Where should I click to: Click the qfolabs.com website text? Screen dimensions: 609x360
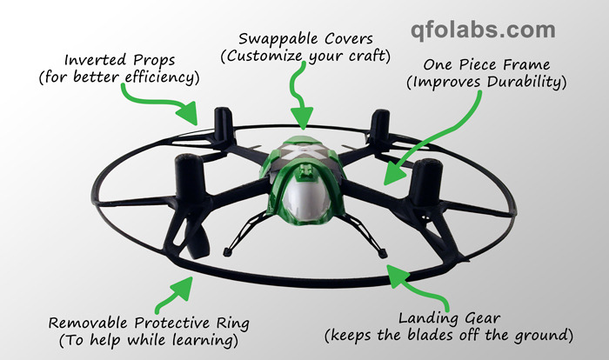(483, 31)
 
